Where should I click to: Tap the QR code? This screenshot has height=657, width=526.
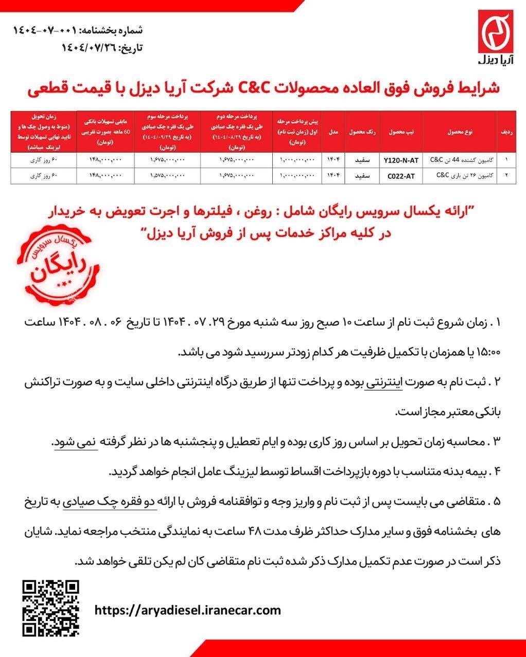pyautogui.click(x=51, y=608)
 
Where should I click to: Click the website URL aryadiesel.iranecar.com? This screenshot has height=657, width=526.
pyautogui.click(x=188, y=610)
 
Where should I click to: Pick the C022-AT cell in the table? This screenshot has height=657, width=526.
pyautogui.click(x=401, y=175)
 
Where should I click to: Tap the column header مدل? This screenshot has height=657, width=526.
pyautogui.click(x=333, y=132)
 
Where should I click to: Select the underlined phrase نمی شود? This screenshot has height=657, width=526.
pyautogui.click(x=75, y=442)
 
